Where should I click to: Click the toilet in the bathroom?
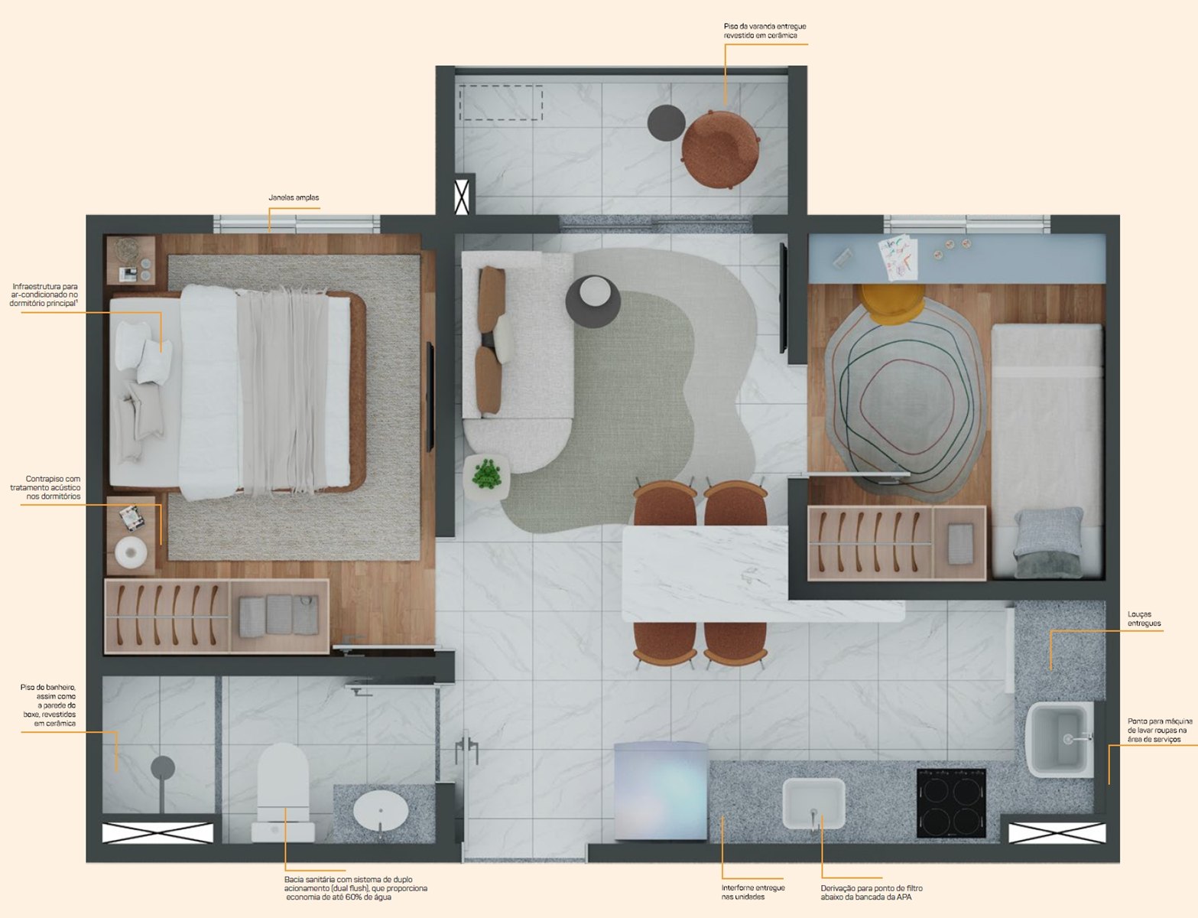[x=283, y=793]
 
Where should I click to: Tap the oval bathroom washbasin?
[x=381, y=811]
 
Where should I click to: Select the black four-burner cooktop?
[x=951, y=802]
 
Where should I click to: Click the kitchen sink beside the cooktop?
[x=813, y=803]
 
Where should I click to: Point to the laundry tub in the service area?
[x=1060, y=739]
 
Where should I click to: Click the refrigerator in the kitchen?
[x=661, y=790]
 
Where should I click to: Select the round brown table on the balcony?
[x=720, y=149]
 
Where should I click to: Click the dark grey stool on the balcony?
[x=666, y=122]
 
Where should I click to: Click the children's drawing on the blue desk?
[x=898, y=257]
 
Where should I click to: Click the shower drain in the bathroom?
[x=163, y=767]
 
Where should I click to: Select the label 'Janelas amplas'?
[x=294, y=197]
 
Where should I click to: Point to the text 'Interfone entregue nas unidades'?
[x=753, y=892]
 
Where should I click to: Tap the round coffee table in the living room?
[x=593, y=301]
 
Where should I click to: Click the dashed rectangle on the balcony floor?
[x=501, y=103]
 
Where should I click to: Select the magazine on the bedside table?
[x=132, y=517]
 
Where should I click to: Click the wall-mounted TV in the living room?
[x=783, y=298]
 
